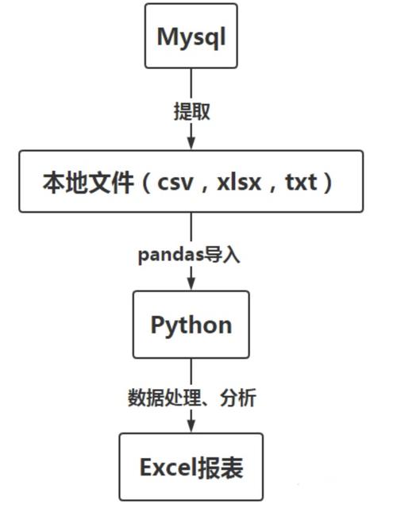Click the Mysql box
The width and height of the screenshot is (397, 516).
pyautogui.click(x=191, y=36)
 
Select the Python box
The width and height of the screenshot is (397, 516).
pyautogui.click(x=191, y=324)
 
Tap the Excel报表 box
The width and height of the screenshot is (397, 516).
pyautogui.click(x=191, y=467)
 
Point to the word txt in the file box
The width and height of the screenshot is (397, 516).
pyautogui.click(x=301, y=182)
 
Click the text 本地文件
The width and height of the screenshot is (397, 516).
pyautogui.click(x=88, y=182)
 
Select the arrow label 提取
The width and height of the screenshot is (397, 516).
pyautogui.click(x=191, y=110)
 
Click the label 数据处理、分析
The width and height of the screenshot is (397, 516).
pyautogui.click(x=191, y=397)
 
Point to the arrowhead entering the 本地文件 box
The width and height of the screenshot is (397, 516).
pyautogui.click(x=191, y=143)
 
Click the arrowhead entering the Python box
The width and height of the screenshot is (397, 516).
pyautogui.click(x=191, y=283)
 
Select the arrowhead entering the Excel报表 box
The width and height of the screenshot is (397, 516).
pyautogui.click(x=191, y=426)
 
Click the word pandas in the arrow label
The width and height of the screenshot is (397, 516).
pyautogui.click(x=172, y=256)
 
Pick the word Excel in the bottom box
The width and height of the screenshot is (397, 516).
pyautogui.click(x=168, y=467)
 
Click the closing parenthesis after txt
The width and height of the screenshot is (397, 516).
pyautogui.click(x=328, y=182)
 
